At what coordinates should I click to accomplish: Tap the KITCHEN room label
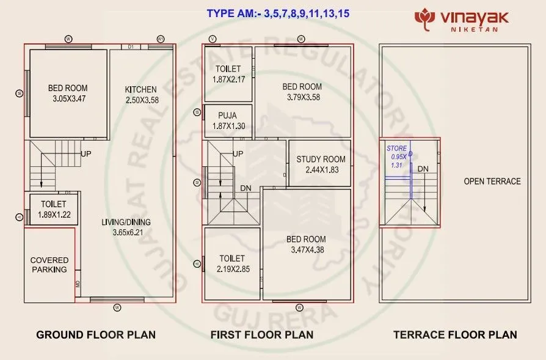tap(140, 89)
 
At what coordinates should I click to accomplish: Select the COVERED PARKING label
tap(49, 265)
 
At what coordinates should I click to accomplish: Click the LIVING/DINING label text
tap(126, 222)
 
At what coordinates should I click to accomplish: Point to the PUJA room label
tap(227, 114)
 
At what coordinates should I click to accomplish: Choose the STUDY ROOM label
tap(321, 160)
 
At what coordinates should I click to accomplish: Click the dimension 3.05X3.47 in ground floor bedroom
tap(67, 98)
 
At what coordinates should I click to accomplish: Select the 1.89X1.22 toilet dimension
tap(53, 215)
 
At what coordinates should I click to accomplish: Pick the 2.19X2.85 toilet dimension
tap(232, 268)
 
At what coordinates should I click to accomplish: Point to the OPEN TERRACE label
tap(492, 182)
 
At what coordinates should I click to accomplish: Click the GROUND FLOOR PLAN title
tap(96, 334)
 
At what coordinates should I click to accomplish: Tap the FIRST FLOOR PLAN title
tap(262, 334)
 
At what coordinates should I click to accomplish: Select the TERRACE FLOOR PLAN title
tap(455, 334)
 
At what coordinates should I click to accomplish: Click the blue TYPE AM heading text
tap(278, 13)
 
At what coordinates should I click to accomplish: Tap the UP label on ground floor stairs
tap(86, 154)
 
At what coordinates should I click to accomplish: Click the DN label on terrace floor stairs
tap(423, 168)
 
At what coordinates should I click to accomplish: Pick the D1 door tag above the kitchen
tap(131, 46)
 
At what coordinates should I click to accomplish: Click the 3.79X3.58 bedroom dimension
tap(303, 97)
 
